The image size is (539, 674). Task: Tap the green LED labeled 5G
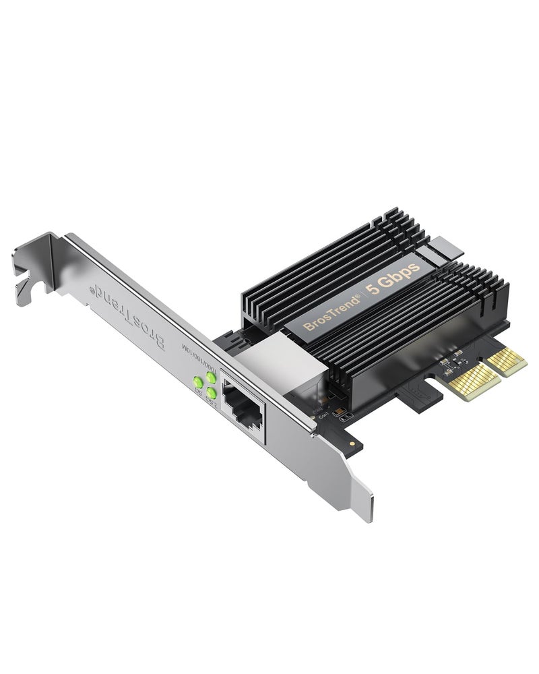[199, 381]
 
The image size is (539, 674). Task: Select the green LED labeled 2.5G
[212, 392]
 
